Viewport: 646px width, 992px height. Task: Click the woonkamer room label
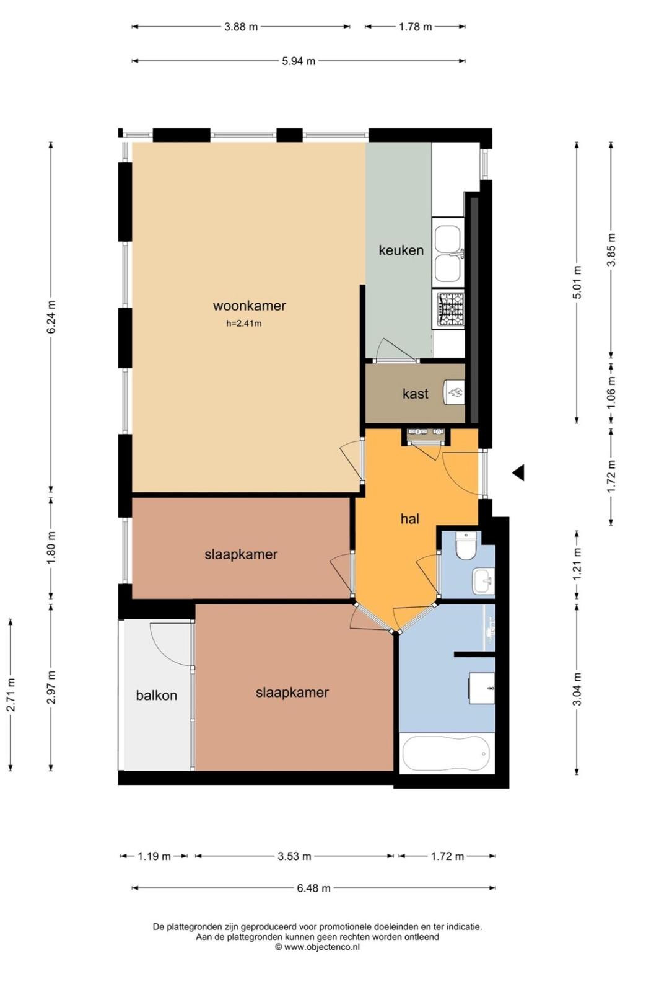pyautogui.click(x=249, y=306)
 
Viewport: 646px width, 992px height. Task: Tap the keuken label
pyautogui.click(x=401, y=250)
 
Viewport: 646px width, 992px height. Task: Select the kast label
pyautogui.click(x=415, y=393)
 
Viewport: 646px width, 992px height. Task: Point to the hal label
pyautogui.click(x=410, y=518)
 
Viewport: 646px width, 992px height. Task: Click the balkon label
pyautogui.click(x=156, y=695)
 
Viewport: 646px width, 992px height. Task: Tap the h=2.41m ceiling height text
pyautogui.click(x=244, y=324)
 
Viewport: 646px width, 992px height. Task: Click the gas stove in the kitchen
pyautogui.click(x=450, y=309)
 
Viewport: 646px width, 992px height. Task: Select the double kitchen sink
pyautogui.click(x=448, y=254)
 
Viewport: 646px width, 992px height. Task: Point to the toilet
pyautogui.click(x=465, y=546)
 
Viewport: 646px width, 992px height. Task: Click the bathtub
pyautogui.click(x=447, y=754)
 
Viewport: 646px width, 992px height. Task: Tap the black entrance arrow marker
pyautogui.click(x=518, y=473)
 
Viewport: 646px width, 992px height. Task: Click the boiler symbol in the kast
pyautogui.click(x=454, y=392)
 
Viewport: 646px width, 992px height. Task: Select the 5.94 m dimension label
pyautogui.click(x=299, y=61)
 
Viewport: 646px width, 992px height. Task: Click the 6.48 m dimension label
pyautogui.click(x=313, y=888)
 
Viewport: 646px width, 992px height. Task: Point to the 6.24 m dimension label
pyautogui.click(x=52, y=317)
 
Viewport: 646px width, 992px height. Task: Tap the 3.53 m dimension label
pyautogui.click(x=294, y=856)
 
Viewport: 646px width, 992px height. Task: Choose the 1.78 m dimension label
pyautogui.click(x=415, y=27)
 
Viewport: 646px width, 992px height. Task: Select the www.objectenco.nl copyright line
pyautogui.click(x=317, y=947)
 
